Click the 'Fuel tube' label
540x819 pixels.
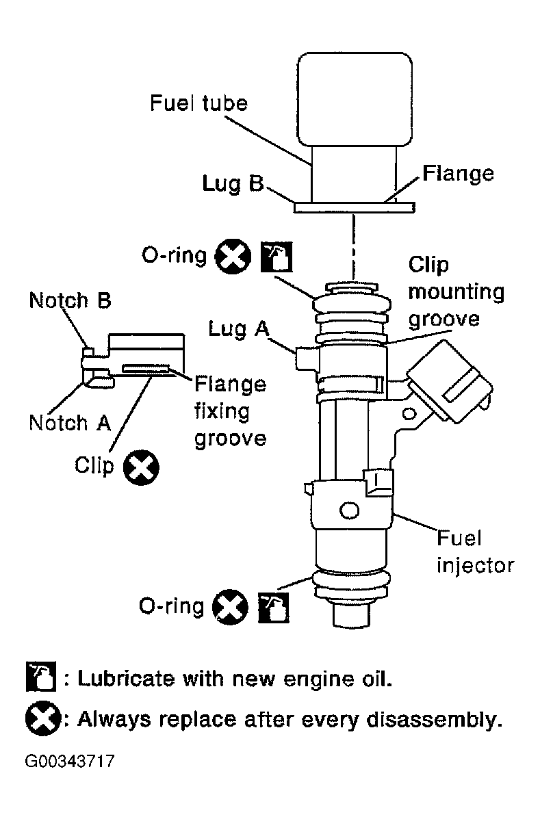pos(198,103)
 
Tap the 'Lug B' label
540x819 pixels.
pos(233,183)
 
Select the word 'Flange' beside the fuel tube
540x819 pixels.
pos(458,173)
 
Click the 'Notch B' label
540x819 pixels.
pos(70,300)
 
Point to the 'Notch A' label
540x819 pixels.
pos(70,423)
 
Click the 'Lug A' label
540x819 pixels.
pos(239,328)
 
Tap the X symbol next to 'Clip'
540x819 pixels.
pos(141,467)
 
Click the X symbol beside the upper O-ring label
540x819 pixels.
pos(233,257)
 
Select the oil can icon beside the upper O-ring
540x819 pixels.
pos(277,257)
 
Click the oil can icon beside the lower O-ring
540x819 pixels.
pos(274,608)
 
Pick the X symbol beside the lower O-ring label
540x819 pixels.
pos(231,607)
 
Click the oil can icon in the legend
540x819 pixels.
pos(41,677)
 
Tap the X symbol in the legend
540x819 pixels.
pos(43,718)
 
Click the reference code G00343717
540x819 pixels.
pos(69,761)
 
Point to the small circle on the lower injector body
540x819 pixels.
pos(349,510)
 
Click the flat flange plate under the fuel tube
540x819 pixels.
pos(354,208)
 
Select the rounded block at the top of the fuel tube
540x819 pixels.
pos(355,99)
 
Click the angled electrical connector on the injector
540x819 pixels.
pos(450,381)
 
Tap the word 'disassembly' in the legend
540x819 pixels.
pos(433,720)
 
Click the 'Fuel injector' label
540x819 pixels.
pos(475,552)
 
